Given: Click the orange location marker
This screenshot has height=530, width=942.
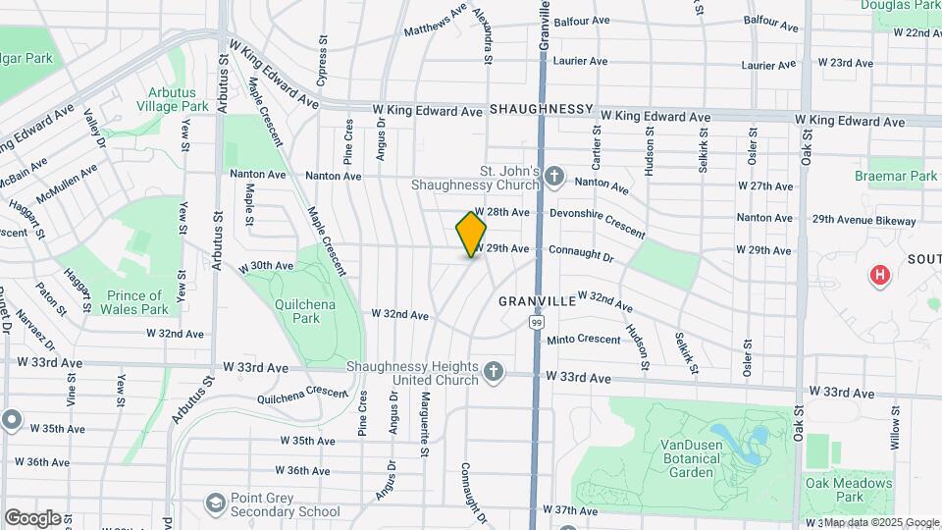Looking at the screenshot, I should (x=471, y=235).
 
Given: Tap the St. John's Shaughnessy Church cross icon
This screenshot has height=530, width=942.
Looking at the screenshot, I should (x=554, y=178).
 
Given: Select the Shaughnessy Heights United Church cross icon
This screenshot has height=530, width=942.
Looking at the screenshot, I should (x=494, y=371).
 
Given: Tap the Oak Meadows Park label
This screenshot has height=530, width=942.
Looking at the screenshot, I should (x=849, y=490).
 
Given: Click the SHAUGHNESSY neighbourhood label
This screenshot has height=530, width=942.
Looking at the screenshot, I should (x=542, y=108).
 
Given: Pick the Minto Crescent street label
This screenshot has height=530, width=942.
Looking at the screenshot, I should (x=584, y=340).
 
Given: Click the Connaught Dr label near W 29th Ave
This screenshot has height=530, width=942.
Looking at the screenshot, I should (x=580, y=254).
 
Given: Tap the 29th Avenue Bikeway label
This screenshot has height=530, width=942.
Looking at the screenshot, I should (x=863, y=221).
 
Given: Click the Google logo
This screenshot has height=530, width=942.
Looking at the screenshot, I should (x=32, y=517).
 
